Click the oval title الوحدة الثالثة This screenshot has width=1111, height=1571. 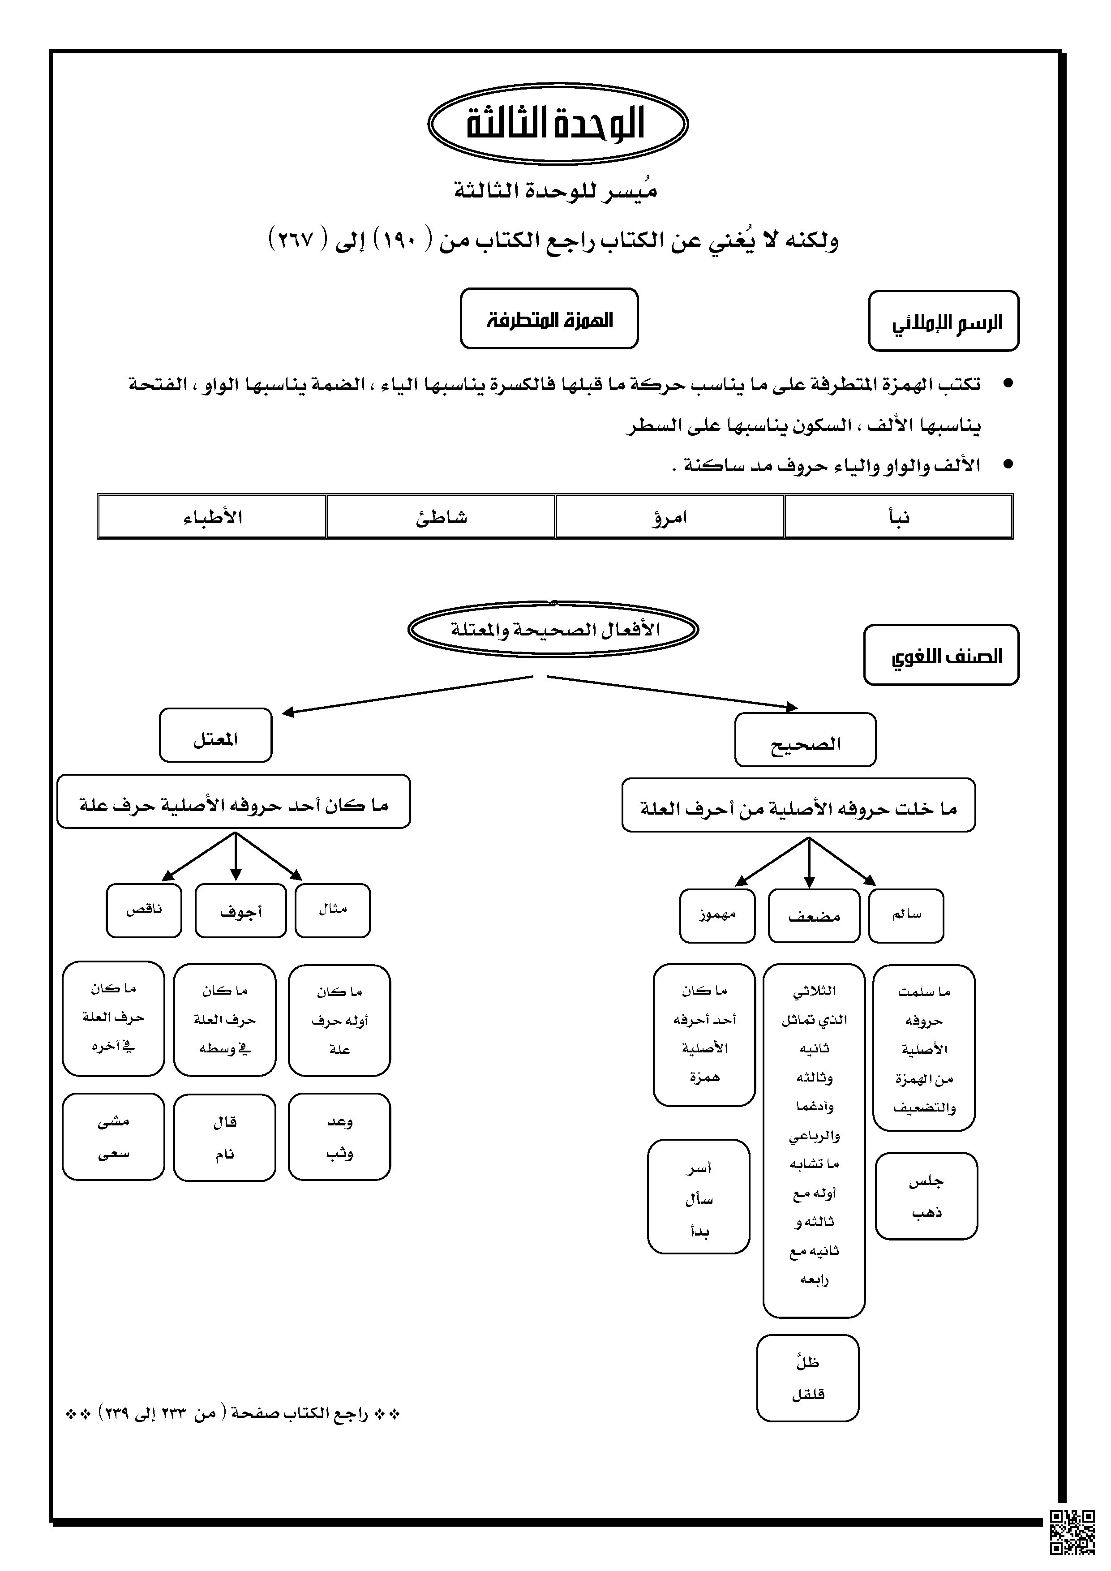[557, 124]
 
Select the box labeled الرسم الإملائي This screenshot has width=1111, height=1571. [944, 322]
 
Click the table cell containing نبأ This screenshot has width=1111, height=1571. [898, 517]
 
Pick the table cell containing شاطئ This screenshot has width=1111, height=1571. [441, 517]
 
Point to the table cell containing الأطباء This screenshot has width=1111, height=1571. [212, 517]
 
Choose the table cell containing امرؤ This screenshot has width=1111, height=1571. [669, 517]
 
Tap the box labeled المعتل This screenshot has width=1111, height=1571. [215, 735]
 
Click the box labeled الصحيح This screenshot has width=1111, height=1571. [805, 740]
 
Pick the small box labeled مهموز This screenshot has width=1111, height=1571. [717, 915]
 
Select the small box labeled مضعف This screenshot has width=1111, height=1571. [813, 915]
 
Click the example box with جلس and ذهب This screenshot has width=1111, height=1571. [927, 1196]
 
